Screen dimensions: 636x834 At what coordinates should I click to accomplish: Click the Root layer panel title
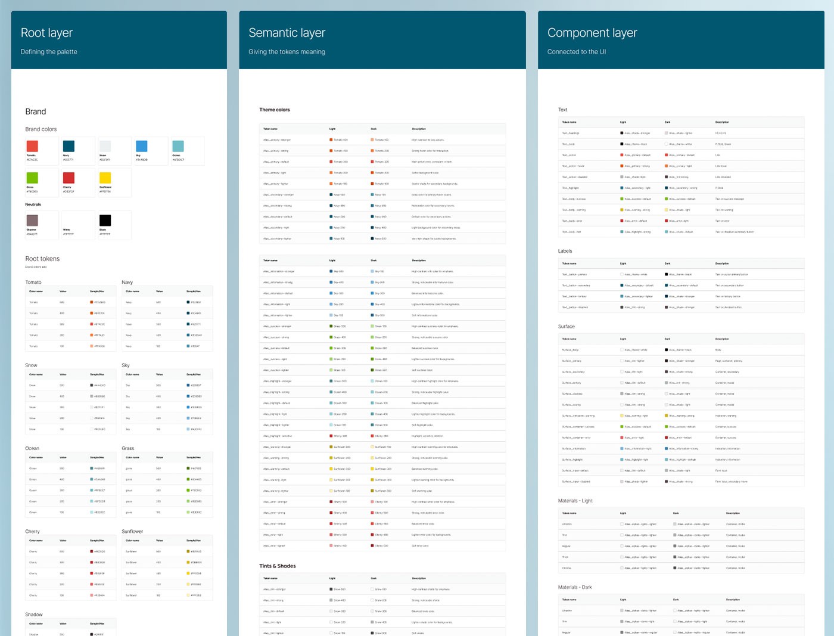pos(46,33)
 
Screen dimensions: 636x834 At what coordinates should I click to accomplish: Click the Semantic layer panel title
pos(287,33)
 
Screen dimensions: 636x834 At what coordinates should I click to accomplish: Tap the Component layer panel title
pos(592,33)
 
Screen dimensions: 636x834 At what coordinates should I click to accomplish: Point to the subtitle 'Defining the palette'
pos(49,52)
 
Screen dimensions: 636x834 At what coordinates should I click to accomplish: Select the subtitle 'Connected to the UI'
pos(577,52)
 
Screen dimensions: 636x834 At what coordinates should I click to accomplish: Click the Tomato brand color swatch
pos(32,146)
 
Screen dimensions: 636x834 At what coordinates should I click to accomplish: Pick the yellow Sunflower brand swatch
pos(105,178)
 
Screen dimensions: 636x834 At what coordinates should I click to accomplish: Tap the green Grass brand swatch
pos(32,178)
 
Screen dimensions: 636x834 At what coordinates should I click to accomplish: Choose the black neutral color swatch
pos(105,220)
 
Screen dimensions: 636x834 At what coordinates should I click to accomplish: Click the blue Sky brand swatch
pos(141,146)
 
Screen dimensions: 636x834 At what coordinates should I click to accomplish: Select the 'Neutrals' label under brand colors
pos(33,204)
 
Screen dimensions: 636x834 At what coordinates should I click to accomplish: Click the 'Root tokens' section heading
pos(42,259)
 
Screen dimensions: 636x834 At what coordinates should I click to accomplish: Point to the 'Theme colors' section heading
pos(275,110)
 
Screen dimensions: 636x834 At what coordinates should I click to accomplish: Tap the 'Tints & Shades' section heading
pos(278,566)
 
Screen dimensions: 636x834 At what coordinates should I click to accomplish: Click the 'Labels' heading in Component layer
pos(565,251)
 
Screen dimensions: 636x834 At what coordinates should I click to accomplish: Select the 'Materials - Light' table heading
pos(575,501)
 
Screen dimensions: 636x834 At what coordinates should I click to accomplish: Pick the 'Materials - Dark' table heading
pos(575,587)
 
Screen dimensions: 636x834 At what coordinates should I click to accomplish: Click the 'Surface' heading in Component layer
pos(566,327)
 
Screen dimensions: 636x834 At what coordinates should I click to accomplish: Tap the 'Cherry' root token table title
pos(32,531)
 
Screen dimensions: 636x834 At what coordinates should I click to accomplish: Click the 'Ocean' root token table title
pos(32,448)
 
